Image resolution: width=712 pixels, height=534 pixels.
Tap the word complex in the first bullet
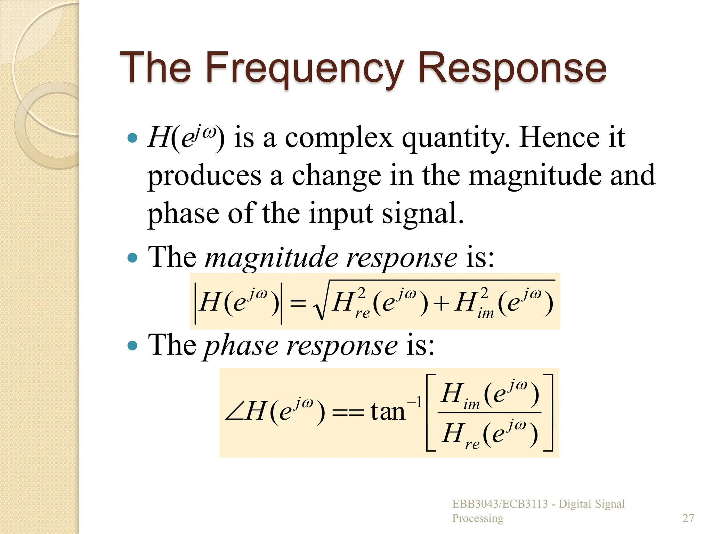tap(339, 138)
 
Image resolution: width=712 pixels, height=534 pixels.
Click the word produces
tap(204, 176)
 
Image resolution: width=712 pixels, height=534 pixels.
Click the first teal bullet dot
tap(132, 138)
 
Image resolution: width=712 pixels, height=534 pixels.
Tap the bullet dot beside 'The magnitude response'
tap(132, 258)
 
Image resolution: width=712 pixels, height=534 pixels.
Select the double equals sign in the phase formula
tap(348, 413)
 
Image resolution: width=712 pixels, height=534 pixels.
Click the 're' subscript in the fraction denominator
tap(472, 444)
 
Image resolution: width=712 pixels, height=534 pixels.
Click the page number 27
tap(688, 518)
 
